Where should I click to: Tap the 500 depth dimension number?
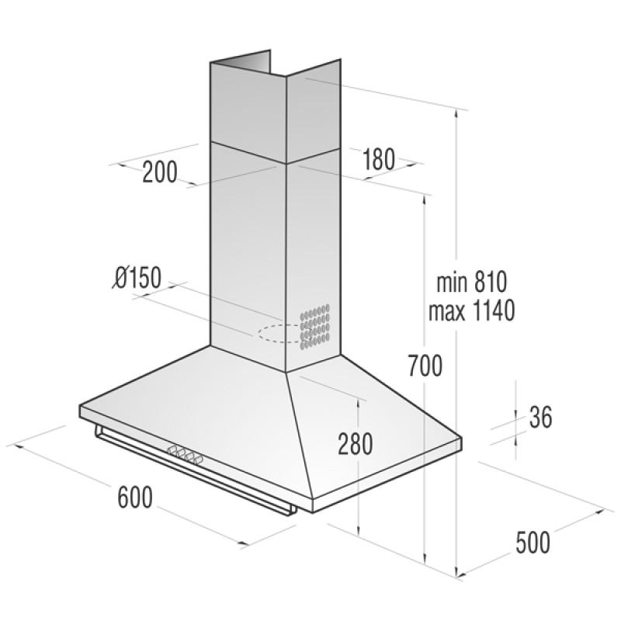pyautogui.click(x=533, y=542)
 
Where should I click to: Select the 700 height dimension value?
pyautogui.click(x=425, y=366)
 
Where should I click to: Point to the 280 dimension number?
pyautogui.click(x=356, y=443)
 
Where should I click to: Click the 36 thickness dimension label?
pyautogui.click(x=540, y=417)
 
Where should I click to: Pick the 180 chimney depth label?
pyautogui.click(x=378, y=159)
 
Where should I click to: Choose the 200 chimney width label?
pyautogui.click(x=160, y=172)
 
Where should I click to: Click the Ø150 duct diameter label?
pyautogui.click(x=137, y=277)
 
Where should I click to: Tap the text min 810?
pyautogui.click(x=472, y=282)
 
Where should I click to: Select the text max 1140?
pyautogui.click(x=472, y=310)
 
